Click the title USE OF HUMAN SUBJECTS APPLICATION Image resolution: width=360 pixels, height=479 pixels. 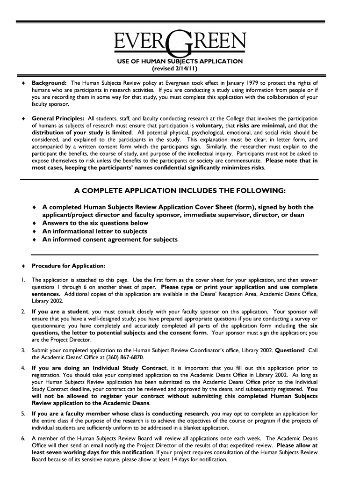(x=180, y=61)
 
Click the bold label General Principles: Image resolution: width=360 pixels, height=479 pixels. (x=58, y=119)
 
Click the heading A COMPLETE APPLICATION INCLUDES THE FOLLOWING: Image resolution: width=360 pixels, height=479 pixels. (x=180, y=191)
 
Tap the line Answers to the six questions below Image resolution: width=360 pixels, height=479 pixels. (x=95, y=223)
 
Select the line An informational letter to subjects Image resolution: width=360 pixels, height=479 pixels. (x=95, y=231)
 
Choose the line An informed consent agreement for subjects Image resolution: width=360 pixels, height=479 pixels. (x=110, y=239)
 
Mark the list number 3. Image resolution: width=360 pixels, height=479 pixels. (x=23, y=350)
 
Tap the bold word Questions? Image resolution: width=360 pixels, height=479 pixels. (x=290, y=350)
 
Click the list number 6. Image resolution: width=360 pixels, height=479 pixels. (x=23, y=438)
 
